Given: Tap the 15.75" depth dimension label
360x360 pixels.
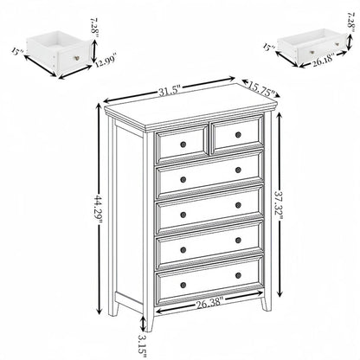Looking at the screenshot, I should point(255,87).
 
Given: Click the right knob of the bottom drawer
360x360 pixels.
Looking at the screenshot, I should point(239,275).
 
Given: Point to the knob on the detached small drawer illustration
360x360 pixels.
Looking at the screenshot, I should point(77,58).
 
